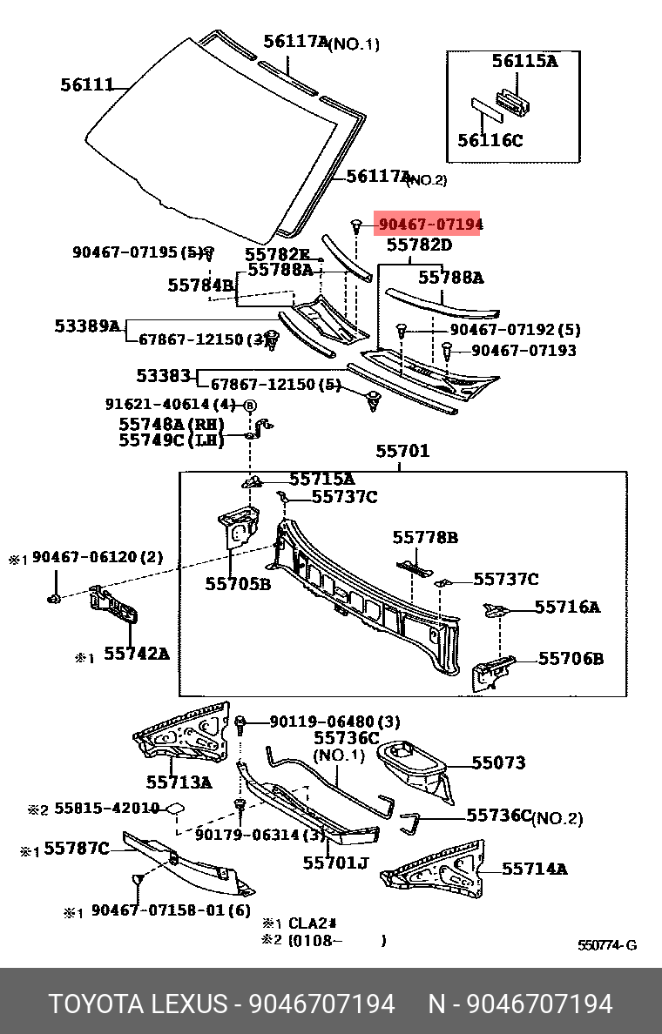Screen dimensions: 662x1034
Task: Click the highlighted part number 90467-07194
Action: [430, 225]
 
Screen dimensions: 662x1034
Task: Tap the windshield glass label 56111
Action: [87, 84]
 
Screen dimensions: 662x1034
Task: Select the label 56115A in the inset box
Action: [524, 61]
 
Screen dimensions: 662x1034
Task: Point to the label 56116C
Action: [490, 140]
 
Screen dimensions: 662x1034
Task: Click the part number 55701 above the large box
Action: [402, 451]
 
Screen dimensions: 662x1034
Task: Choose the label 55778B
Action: [425, 537]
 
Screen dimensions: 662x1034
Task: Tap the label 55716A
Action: [567, 607]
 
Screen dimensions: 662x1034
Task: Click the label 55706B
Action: [571, 659]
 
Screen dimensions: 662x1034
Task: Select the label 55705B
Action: [238, 584]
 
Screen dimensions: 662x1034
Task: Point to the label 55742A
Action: [137, 654]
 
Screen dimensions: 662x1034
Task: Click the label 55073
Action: [498, 763]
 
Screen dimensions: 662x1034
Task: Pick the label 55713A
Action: [179, 782]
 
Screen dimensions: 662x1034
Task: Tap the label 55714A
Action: [535, 869]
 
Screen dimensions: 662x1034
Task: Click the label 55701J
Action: [335, 863]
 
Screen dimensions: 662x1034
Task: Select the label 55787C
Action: [77, 849]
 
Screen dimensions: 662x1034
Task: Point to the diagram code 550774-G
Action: [607, 945]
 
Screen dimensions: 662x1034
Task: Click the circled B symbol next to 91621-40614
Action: [250, 405]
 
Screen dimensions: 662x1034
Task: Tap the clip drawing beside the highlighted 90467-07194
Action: [356, 226]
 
